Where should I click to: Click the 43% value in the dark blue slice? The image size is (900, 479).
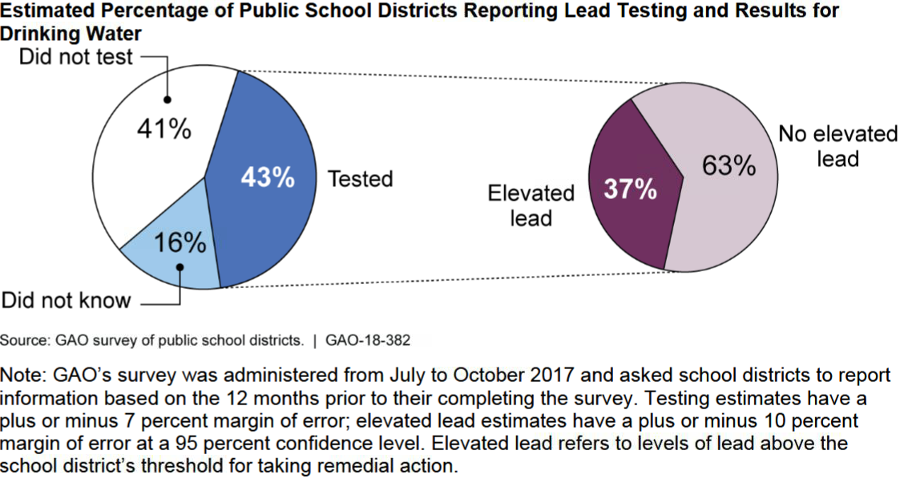coord(268,178)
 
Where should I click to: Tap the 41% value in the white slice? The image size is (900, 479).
coord(164,128)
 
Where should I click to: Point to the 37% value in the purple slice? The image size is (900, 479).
coord(630,190)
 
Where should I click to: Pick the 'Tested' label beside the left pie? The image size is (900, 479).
coord(360,178)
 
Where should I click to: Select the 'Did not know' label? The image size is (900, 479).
coord(66,301)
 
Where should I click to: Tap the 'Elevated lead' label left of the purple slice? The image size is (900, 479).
coord(531,205)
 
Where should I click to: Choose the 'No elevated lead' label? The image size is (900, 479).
coord(837,145)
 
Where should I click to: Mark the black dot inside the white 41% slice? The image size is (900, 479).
coord(167,100)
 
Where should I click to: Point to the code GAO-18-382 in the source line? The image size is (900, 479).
coord(368,340)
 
